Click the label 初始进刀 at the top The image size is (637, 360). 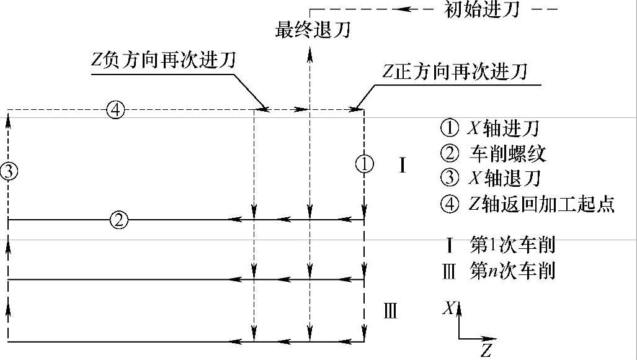pyautogui.click(x=481, y=10)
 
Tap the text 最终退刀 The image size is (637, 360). pyautogui.click(x=313, y=30)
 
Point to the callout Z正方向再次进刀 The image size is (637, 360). pyautogui.click(x=455, y=72)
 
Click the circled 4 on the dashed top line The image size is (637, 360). pyautogui.click(x=116, y=110)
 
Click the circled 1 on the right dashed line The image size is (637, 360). pyautogui.click(x=364, y=164)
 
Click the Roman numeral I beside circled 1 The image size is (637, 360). pyautogui.click(x=402, y=166)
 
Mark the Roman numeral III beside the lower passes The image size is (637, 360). pyautogui.click(x=390, y=311)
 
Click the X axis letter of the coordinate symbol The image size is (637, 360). pyautogui.click(x=448, y=308)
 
